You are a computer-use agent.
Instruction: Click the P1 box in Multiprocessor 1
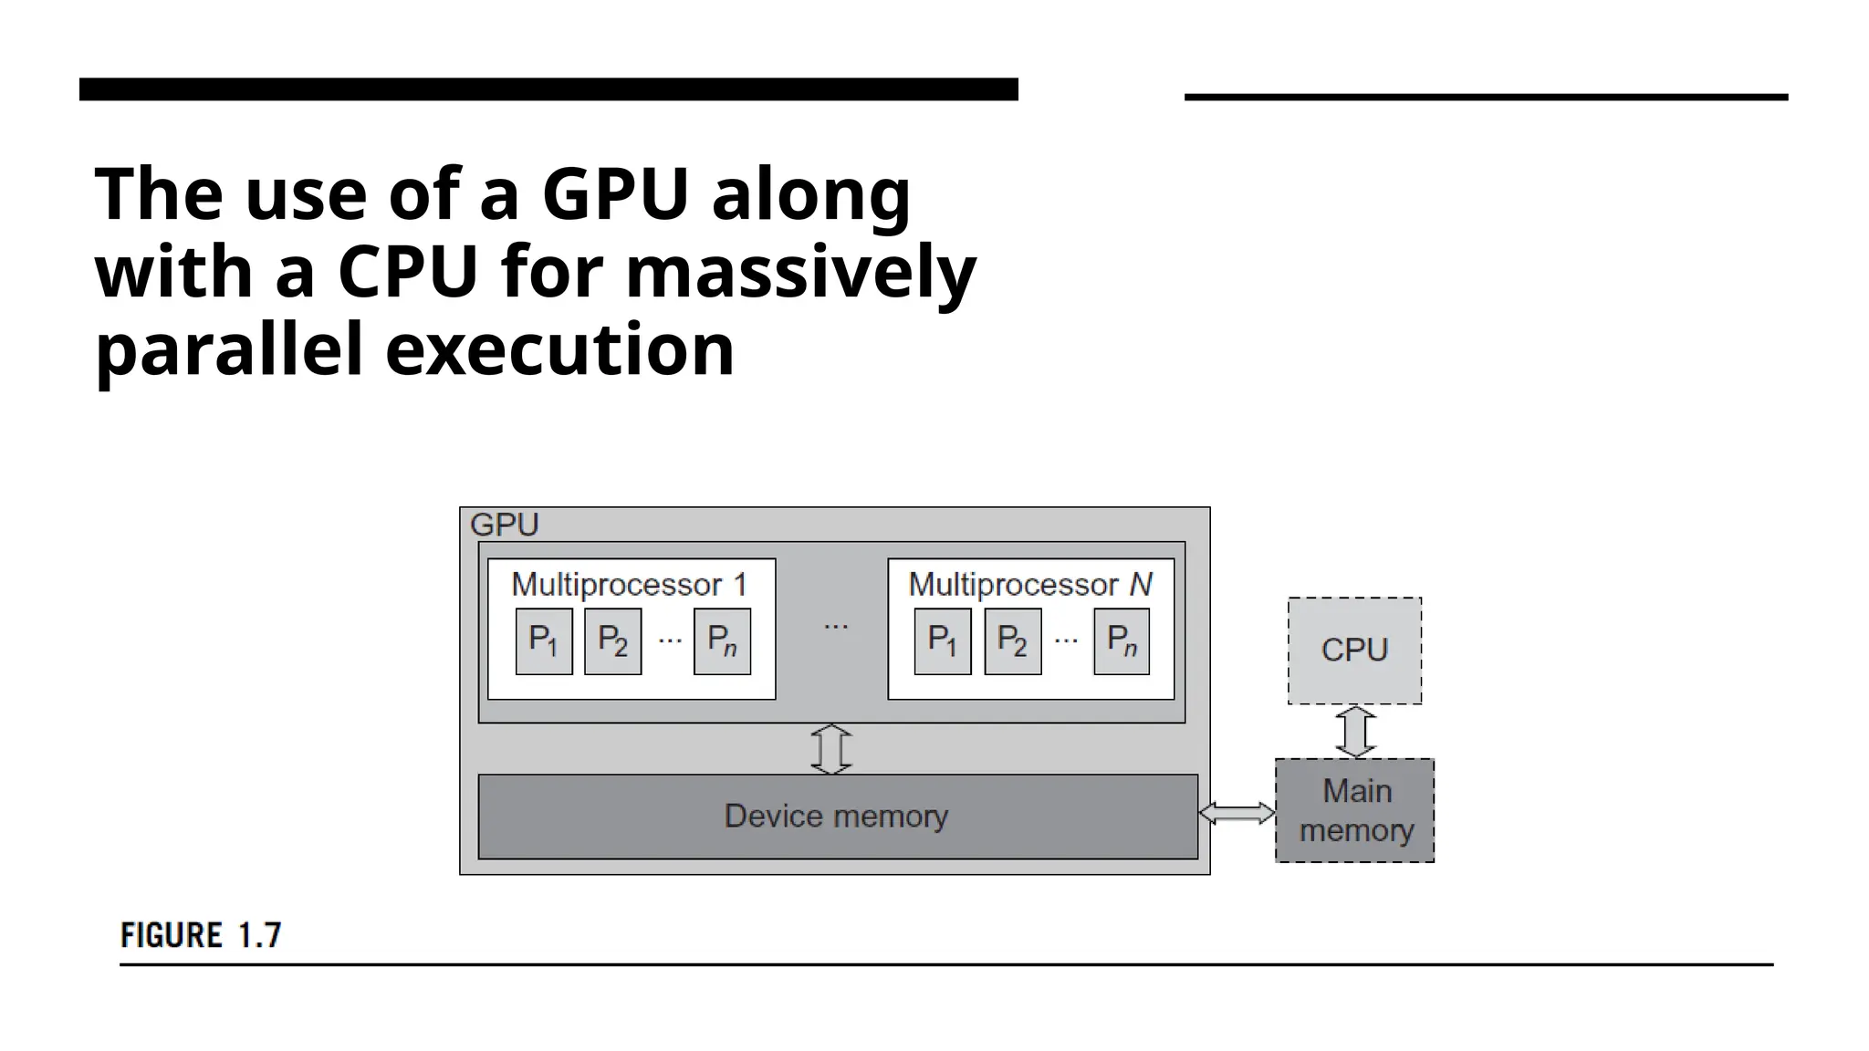(x=544, y=641)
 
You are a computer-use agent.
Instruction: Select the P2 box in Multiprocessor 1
(x=612, y=641)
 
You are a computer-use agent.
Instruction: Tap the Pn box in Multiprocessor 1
(x=722, y=641)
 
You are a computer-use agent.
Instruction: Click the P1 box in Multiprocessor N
(x=943, y=641)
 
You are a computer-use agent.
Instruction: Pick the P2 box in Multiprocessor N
(x=1012, y=641)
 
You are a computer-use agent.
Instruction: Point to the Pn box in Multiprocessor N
(x=1121, y=641)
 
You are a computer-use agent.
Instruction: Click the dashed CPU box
(x=1354, y=650)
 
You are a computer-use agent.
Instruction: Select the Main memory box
(x=1354, y=810)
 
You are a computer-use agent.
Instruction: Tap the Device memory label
(x=836, y=816)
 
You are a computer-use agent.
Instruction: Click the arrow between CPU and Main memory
(x=1355, y=732)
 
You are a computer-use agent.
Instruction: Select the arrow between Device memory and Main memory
(x=1237, y=813)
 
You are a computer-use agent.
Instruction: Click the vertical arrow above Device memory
(x=831, y=749)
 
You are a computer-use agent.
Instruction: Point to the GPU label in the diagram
(x=504, y=525)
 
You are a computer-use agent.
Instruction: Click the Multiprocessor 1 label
(x=629, y=584)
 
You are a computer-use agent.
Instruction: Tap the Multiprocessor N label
(x=1029, y=584)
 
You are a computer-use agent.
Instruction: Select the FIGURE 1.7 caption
(x=201, y=936)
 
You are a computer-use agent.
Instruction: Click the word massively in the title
(x=800, y=272)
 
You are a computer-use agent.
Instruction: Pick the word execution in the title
(x=559, y=349)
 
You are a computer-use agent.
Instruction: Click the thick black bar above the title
(x=548, y=89)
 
